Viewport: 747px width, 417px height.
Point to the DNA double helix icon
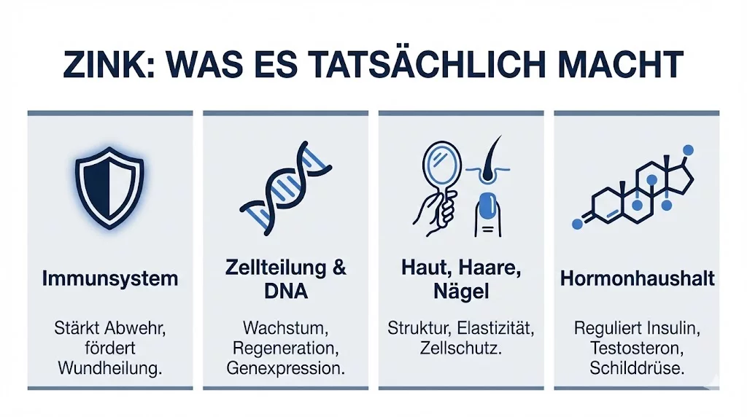click(x=285, y=188)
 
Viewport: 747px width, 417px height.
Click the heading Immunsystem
click(x=110, y=278)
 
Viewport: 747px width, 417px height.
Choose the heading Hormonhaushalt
click(x=637, y=278)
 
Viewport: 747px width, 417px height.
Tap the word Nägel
click(x=461, y=292)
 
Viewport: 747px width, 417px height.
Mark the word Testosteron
click(x=636, y=348)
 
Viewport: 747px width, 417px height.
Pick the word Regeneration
click(x=285, y=348)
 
